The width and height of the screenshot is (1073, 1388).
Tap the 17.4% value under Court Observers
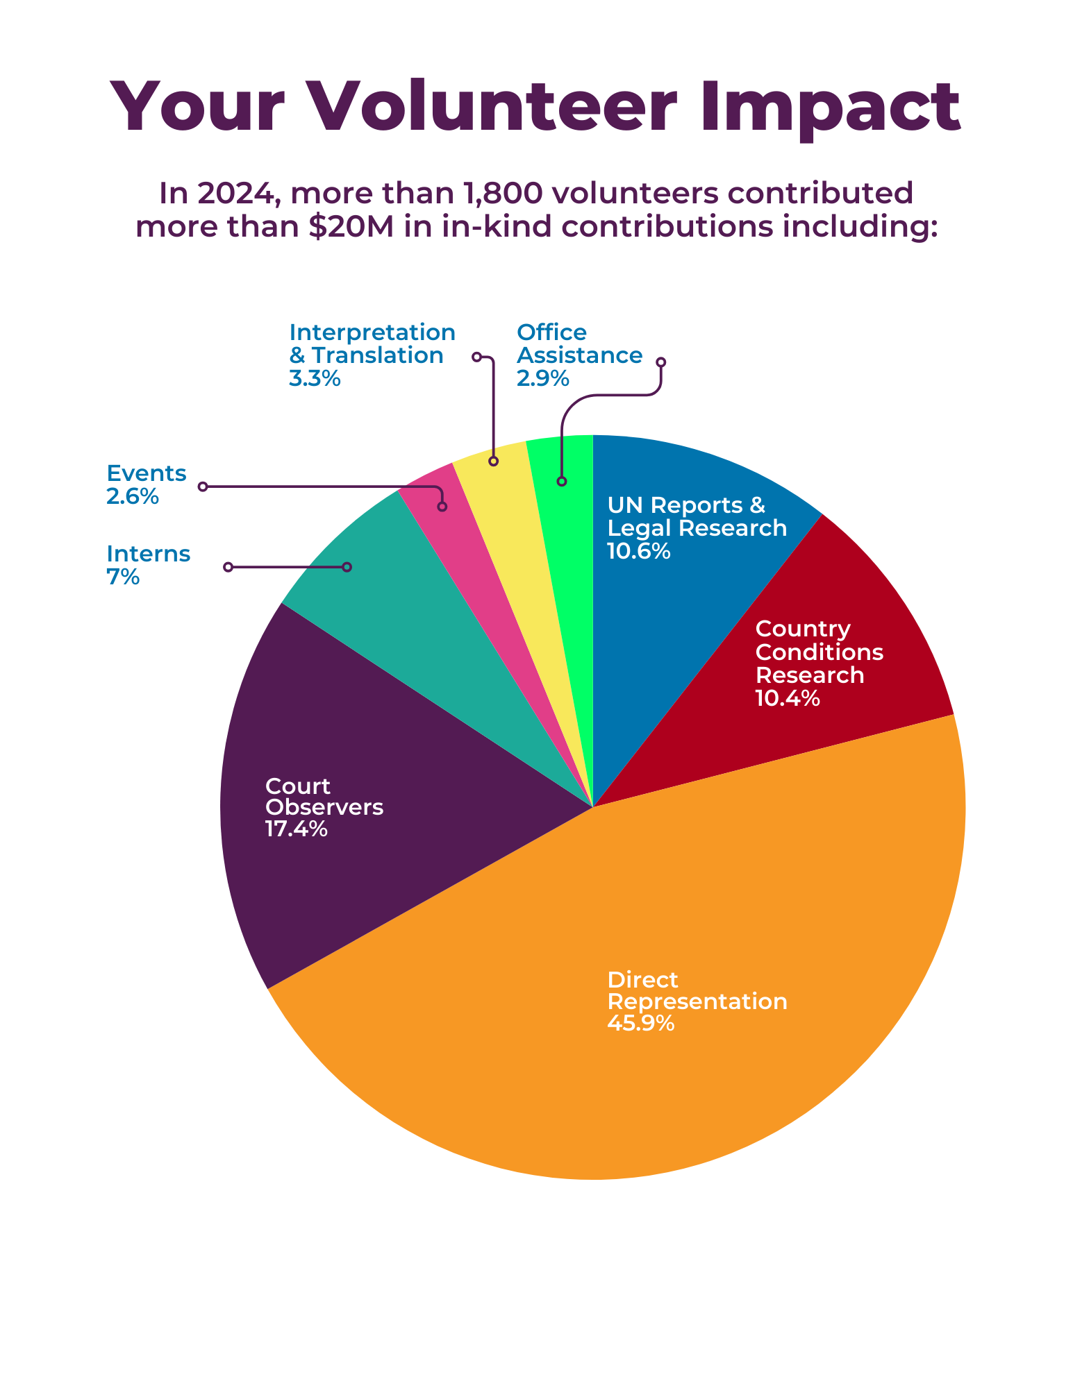(x=296, y=829)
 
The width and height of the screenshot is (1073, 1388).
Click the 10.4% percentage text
(x=787, y=698)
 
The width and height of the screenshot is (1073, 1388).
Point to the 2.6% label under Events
(x=132, y=497)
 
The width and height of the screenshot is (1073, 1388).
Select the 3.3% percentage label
(x=314, y=379)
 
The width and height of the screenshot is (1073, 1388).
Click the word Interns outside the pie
(x=148, y=554)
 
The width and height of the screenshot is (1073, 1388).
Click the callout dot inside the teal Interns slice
(x=347, y=567)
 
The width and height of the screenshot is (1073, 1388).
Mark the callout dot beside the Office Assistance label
(x=661, y=362)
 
